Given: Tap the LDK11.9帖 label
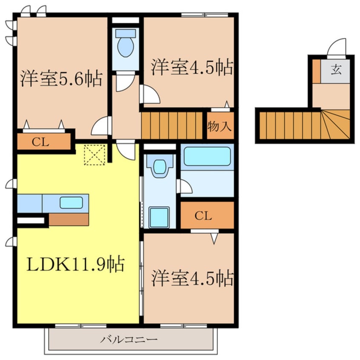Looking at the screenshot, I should pos(76,265).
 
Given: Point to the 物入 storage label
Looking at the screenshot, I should pos(220,126).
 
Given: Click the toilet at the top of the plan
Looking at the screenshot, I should pos(126,43).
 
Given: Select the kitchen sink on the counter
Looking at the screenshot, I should pos(71,203).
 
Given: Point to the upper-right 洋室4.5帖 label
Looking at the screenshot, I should pos(191,67).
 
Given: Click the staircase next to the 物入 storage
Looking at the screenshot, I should pos(172,125).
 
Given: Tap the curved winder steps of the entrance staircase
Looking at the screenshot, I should pos(336,124).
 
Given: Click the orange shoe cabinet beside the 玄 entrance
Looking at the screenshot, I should pos(316,71).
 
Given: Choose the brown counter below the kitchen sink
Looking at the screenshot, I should pos(69,219).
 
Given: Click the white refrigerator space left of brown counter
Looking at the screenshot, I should pos(31,220).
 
